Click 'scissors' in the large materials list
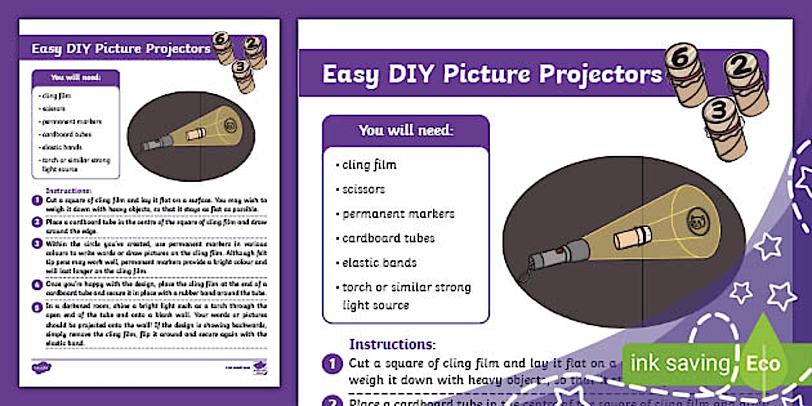coord(363,189)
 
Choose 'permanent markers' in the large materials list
coord(398,214)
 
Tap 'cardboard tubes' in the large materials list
coord(388,238)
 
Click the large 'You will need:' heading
coord(406,130)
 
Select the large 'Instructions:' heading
coord(392,345)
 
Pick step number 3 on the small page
coord(37,244)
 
